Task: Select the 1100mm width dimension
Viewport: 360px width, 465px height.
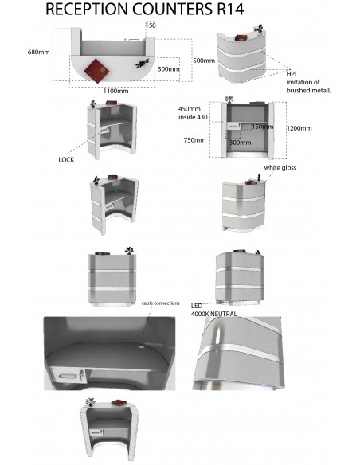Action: tap(116, 91)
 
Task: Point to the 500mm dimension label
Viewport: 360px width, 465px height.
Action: tap(204, 61)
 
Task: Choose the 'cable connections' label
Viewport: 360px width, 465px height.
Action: tap(160, 303)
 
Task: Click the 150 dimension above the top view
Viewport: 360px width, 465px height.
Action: tap(151, 25)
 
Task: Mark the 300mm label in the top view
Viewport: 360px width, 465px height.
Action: tap(167, 68)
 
